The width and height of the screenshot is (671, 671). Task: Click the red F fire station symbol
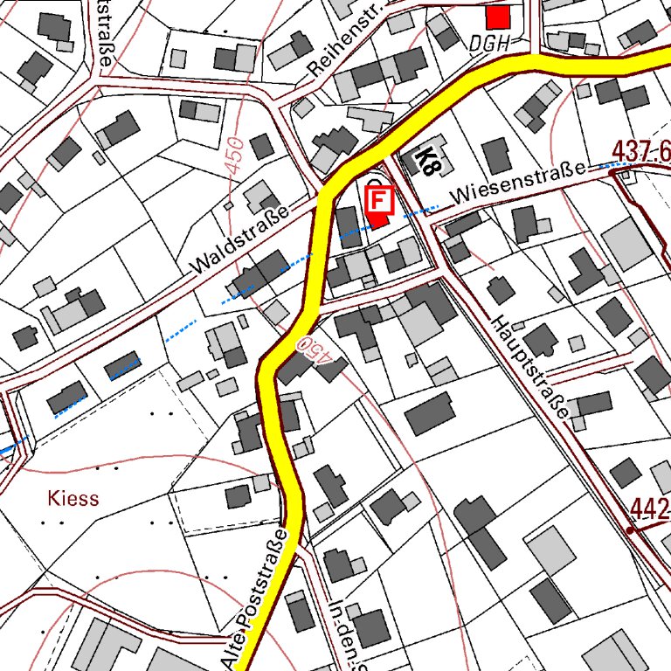379,200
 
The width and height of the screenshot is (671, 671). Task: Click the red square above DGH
498,17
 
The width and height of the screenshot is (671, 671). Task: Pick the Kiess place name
73,499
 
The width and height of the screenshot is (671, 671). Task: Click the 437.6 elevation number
642,150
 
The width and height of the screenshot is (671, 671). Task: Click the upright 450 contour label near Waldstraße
233,154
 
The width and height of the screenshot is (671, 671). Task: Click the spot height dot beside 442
629,529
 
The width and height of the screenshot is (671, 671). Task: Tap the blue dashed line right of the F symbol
423,210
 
